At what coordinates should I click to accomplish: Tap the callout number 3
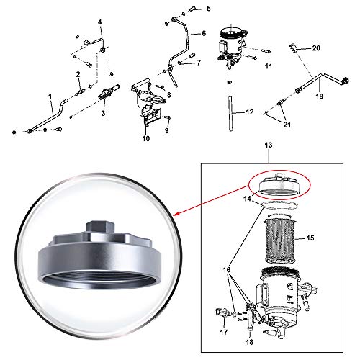pyautogui.click(x=103, y=114)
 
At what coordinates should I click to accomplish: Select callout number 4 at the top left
pyautogui.click(x=100, y=22)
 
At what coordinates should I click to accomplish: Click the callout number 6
pyautogui.click(x=204, y=33)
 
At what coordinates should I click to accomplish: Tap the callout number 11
pyautogui.click(x=267, y=67)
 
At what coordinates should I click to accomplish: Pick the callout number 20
pyautogui.click(x=315, y=48)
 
